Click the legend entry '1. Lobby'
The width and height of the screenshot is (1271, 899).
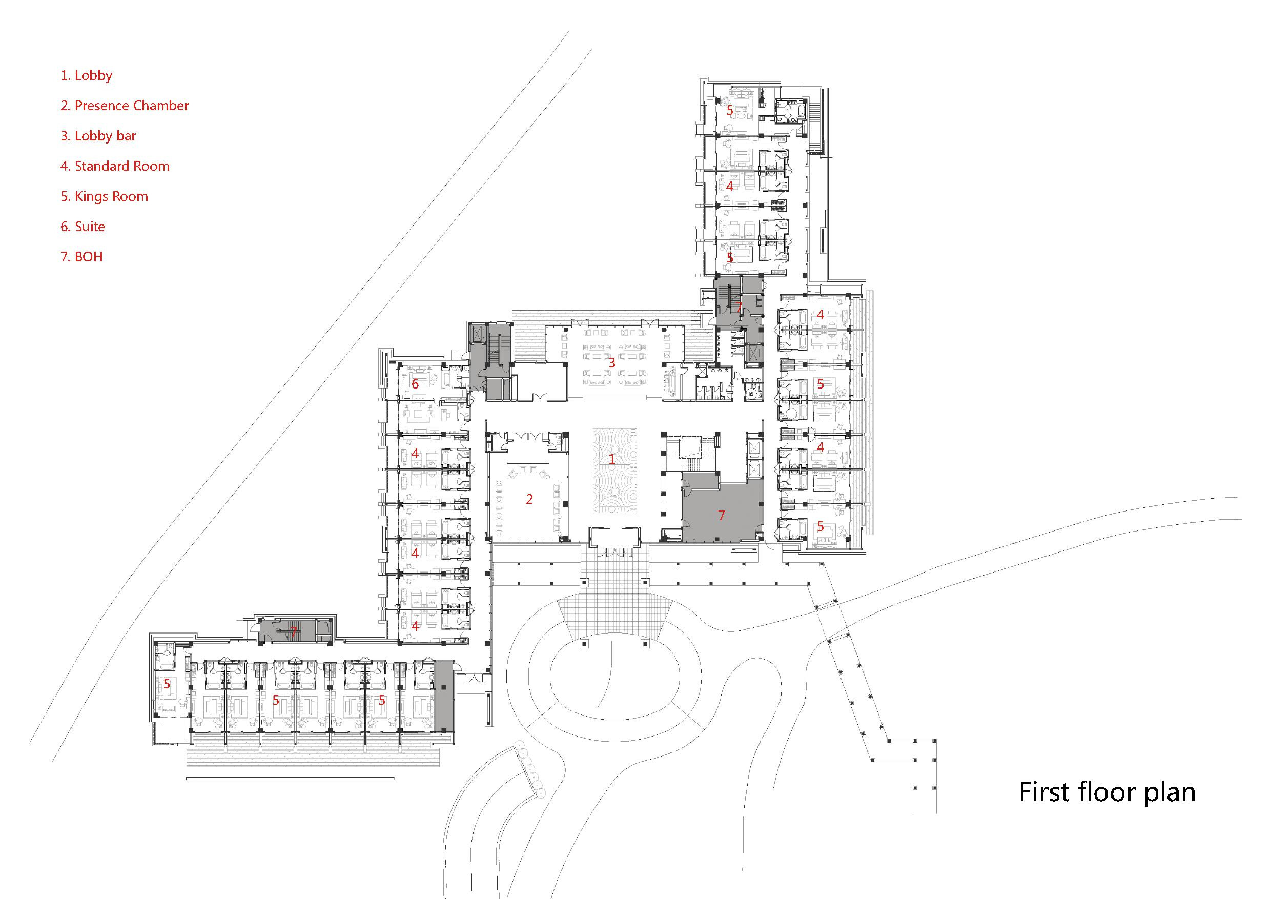87,75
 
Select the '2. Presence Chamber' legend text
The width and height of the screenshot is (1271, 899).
125,106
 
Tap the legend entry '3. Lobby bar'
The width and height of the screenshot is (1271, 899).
98,136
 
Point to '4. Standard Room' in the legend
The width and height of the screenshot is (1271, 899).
115,166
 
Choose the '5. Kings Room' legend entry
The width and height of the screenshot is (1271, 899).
104,196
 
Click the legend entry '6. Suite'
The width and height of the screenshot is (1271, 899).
83,227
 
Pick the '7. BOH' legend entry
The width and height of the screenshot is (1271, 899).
81,257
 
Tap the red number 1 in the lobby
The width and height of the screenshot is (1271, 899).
612,459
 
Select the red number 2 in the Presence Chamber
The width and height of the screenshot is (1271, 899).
529,499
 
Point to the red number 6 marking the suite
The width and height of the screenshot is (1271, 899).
415,383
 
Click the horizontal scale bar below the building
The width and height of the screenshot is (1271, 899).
290,779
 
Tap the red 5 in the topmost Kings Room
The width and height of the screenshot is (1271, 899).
730,111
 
